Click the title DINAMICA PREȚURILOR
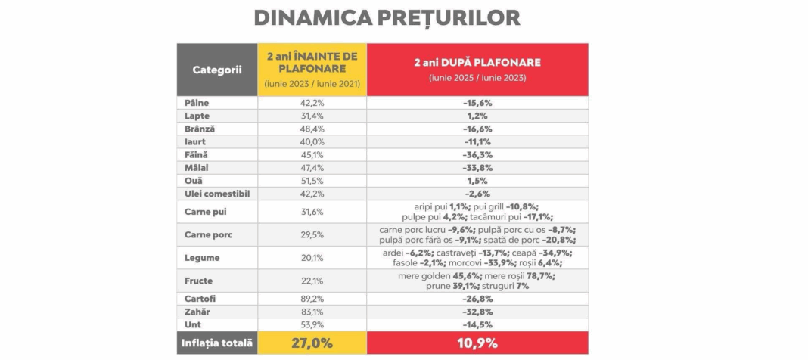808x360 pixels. (x=387, y=18)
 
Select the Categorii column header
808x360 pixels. (x=216, y=70)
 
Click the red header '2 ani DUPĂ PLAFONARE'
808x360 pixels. (x=477, y=62)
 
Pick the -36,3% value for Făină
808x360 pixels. (x=477, y=154)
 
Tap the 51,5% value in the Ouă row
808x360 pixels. (x=312, y=181)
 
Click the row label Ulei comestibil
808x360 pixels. (x=217, y=194)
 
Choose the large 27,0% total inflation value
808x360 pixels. (x=312, y=343)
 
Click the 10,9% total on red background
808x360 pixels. (x=477, y=343)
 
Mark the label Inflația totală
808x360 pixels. (x=216, y=343)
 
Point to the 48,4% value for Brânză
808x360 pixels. (x=312, y=129)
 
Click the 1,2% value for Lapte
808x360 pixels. (x=477, y=116)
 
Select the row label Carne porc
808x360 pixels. (x=209, y=234)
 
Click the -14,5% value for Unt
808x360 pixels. (x=477, y=324)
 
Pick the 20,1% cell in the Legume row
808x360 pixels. (x=312, y=258)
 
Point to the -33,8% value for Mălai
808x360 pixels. (x=477, y=168)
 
